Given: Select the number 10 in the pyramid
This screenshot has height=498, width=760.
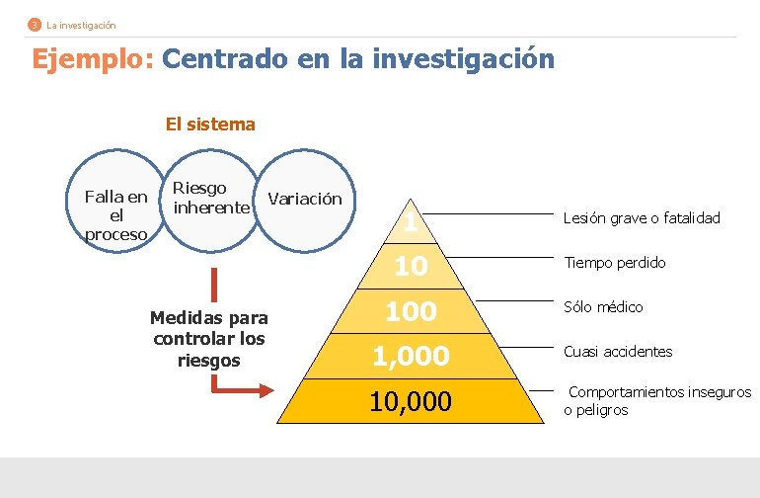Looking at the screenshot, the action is (411, 267).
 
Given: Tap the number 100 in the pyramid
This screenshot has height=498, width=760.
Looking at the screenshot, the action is (411, 311).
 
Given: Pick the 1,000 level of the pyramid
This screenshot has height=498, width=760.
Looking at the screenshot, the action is (411, 356).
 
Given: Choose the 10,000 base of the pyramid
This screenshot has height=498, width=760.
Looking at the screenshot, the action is (411, 401).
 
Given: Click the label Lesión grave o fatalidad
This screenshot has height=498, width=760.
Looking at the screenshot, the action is (642, 217).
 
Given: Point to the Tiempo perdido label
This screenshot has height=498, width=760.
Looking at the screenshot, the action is (614, 263).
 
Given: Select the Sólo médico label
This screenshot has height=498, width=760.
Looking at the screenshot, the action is (603, 307).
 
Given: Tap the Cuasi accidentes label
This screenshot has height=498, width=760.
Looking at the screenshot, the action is (618, 352).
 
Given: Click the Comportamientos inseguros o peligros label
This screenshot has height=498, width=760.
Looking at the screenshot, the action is (657, 401).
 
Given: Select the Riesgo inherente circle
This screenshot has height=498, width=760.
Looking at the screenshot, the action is (209, 198).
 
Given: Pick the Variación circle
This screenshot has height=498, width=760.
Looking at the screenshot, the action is (306, 199).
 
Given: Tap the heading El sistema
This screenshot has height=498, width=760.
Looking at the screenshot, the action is (210, 124).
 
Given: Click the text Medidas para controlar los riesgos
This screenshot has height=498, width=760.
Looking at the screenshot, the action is (209, 339).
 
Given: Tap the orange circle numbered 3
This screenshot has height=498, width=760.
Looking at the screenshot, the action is (35, 25).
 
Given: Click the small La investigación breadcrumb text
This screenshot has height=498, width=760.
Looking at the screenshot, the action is (81, 25).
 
